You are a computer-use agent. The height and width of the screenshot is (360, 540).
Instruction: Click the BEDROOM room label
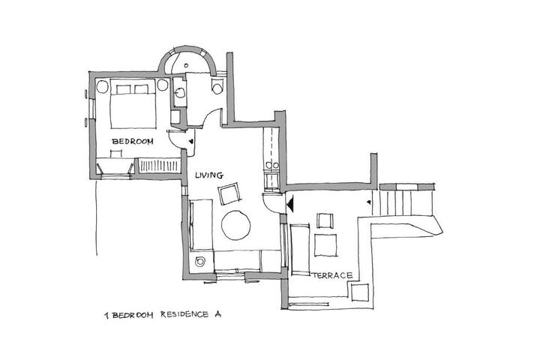pyautogui.click(x=133, y=141)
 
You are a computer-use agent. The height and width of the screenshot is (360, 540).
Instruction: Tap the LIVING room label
pyautogui.click(x=209, y=175)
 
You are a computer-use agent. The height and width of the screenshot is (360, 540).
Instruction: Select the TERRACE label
pyautogui.click(x=333, y=275)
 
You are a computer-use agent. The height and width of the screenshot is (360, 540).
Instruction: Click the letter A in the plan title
pyautogui.click(x=217, y=314)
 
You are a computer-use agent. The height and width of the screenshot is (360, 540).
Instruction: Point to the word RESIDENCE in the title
pyautogui.click(x=184, y=314)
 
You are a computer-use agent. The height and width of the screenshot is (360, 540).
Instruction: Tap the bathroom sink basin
pyautogui.click(x=180, y=92)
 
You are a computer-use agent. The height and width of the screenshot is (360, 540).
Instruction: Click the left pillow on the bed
pyautogui.click(x=123, y=89)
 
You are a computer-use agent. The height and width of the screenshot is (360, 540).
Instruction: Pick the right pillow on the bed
pyautogui.click(x=141, y=89)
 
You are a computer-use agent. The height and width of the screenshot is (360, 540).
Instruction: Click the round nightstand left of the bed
pyautogui.click(x=102, y=86)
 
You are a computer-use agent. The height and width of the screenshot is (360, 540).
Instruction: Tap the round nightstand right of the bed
pyautogui.click(x=162, y=85)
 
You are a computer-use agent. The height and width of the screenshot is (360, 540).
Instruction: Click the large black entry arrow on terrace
pyautogui.click(x=291, y=203)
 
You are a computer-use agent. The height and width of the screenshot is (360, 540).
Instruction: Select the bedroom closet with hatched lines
pyautogui.click(x=160, y=165)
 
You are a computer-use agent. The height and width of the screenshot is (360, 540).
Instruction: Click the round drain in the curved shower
pyautogui.click(x=186, y=65)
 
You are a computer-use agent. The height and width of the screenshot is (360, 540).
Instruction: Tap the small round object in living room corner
pyautogui.click(x=199, y=262)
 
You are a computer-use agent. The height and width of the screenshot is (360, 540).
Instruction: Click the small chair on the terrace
pyautogui.click(x=325, y=220)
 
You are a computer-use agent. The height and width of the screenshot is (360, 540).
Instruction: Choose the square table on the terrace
pyautogui.click(x=325, y=245)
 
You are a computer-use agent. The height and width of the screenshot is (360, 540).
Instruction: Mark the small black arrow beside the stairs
pyautogui.click(x=369, y=202)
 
